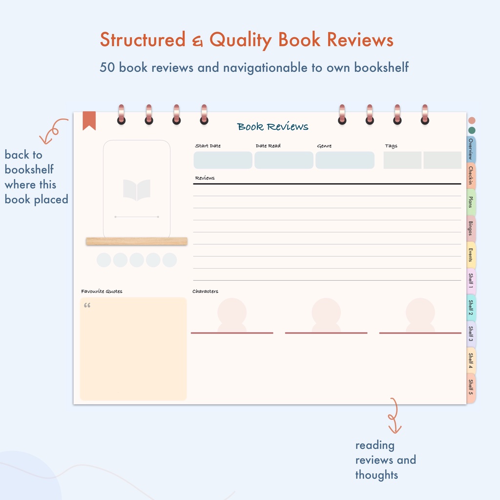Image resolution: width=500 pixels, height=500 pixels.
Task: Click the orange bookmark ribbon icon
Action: click(x=89, y=120)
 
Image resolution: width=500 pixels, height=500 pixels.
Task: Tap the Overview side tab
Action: click(x=471, y=149)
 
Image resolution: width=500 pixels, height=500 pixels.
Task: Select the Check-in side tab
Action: click(x=471, y=176)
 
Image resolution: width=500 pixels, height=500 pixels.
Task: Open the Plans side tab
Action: click(x=471, y=202)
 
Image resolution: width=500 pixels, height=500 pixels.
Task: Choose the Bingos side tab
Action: click(x=471, y=229)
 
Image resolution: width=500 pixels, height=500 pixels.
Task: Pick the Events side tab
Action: click(x=471, y=255)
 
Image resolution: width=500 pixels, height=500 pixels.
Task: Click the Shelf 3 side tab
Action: click(x=471, y=334)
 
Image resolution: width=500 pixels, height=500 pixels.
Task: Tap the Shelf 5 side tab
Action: click(x=471, y=387)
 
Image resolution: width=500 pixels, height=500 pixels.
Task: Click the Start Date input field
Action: click(x=223, y=160)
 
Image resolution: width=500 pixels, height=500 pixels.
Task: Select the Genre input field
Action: click(x=345, y=160)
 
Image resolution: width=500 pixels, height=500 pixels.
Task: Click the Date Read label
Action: click(x=268, y=146)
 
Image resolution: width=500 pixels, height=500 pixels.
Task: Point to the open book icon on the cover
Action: click(x=137, y=190)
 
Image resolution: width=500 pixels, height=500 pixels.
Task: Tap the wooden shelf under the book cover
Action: click(x=137, y=241)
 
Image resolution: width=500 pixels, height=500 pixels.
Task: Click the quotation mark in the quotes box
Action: click(x=87, y=305)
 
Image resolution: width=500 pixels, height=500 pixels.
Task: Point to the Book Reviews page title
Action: click(x=272, y=126)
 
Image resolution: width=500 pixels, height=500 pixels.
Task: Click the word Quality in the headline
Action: click(x=240, y=40)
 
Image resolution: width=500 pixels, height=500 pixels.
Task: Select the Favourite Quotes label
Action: click(x=102, y=291)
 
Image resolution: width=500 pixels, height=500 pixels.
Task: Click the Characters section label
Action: click(x=206, y=291)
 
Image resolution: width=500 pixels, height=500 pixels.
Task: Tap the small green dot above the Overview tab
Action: click(x=472, y=130)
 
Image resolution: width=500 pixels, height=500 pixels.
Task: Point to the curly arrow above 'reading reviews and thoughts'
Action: click(x=394, y=415)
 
